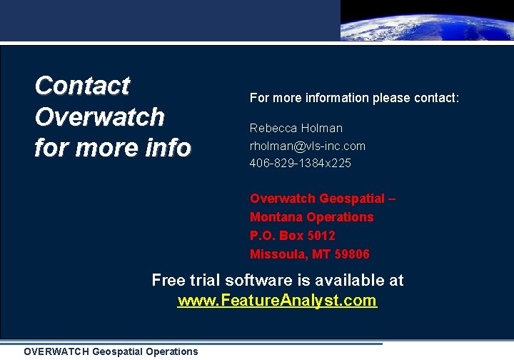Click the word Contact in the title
click(82, 86)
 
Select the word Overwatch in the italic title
click(99, 116)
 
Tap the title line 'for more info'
click(113, 148)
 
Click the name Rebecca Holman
click(296, 129)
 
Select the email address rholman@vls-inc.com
click(307, 146)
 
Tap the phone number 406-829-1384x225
click(300, 163)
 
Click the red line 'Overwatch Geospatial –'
click(322, 199)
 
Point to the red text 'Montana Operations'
click(311, 217)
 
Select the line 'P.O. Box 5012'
click(292, 236)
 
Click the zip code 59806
click(351, 254)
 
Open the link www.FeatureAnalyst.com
click(277, 301)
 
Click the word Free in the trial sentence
click(168, 280)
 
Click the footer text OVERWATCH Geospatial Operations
click(111, 351)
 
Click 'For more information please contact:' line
click(354, 98)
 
